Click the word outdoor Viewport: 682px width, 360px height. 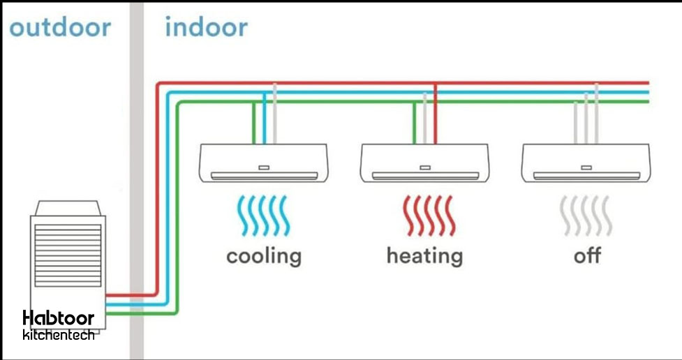point(60,28)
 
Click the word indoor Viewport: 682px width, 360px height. point(206,28)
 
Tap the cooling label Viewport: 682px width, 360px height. point(264,255)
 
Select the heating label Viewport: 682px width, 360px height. point(424,255)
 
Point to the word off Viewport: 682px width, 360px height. point(587,255)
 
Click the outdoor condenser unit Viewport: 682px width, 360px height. point(67,258)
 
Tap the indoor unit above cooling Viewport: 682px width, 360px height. point(263,163)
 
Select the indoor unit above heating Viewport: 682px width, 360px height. point(424,163)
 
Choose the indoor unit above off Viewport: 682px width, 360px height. point(586,163)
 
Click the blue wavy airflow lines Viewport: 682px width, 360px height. point(263,215)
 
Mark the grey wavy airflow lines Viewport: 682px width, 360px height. point(586,215)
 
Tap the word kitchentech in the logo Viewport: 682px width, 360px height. point(59,335)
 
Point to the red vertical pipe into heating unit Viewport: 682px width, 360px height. point(436,115)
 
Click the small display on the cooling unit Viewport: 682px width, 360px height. point(263,167)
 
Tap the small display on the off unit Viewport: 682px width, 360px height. point(586,167)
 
